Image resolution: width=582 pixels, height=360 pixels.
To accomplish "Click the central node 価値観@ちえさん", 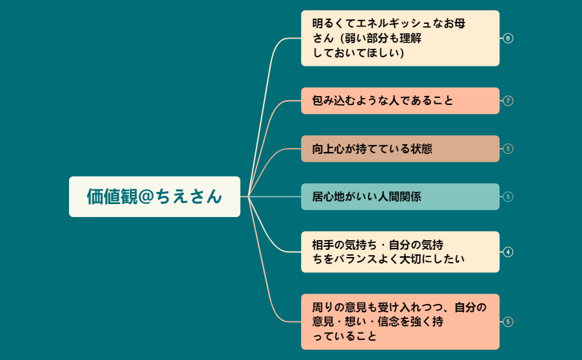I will point(155,196).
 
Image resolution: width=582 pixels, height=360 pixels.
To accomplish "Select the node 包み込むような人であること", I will point(400,100).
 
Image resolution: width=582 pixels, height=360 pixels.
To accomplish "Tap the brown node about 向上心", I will point(400,149).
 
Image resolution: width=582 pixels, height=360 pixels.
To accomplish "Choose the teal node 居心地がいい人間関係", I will point(400,196).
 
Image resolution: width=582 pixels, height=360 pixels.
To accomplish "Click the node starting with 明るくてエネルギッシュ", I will point(400,38).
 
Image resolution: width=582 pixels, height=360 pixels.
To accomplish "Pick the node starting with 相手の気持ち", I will point(400,252).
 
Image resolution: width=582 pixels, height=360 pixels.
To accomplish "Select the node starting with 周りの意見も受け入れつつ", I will point(400,321).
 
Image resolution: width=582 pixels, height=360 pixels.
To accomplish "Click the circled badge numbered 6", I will point(508,38).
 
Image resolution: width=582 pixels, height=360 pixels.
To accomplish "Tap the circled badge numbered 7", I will point(508,100).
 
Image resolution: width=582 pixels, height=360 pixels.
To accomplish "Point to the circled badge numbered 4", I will point(508,252).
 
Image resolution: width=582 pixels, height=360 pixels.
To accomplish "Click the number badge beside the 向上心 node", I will point(508,149).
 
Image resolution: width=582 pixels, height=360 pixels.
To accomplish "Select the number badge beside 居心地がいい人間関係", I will point(508,196).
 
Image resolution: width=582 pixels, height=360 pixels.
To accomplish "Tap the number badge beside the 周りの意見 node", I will point(508,321).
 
